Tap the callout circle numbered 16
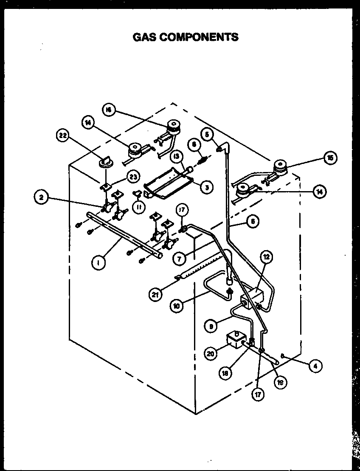[x=108, y=110]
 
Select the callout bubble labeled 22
[x=62, y=136]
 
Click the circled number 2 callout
[x=41, y=197]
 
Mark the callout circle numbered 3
[x=206, y=187]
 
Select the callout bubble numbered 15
[x=329, y=158]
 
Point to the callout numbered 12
[x=266, y=257]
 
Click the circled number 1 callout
[x=98, y=263]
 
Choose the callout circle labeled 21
[x=156, y=294]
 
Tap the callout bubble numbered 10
[x=177, y=305]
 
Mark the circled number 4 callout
[x=315, y=365]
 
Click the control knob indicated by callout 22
[x=105, y=161]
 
